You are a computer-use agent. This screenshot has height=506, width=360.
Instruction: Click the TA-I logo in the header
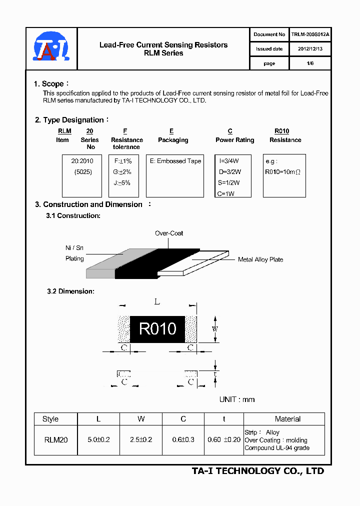(x=51, y=48)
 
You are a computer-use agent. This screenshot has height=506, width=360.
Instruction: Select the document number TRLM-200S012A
(x=310, y=34)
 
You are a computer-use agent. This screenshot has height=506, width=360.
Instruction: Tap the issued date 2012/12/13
(x=310, y=49)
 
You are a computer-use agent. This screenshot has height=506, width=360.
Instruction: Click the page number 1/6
(x=310, y=63)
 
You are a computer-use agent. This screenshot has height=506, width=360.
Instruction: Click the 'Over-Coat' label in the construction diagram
(x=169, y=233)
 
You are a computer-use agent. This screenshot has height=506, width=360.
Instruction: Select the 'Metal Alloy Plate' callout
(x=260, y=259)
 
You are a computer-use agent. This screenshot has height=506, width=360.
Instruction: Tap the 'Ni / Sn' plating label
(x=74, y=248)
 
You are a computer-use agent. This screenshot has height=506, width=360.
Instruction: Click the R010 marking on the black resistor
(x=157, y=328)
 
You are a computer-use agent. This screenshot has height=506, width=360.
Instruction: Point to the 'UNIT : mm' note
(x=237, y=399)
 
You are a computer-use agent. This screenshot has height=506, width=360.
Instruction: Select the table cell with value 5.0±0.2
(x=98, y=439)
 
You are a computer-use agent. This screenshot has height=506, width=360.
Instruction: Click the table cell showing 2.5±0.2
(x=141, y=439)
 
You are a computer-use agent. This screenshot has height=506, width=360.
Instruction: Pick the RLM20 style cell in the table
(x=55, y=439)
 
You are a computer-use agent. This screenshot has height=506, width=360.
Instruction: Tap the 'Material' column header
(x=287, y=419)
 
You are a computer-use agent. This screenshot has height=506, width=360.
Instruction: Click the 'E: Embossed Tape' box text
(x=175, y=161)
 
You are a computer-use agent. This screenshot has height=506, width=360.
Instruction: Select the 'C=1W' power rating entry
(x=226, y=193)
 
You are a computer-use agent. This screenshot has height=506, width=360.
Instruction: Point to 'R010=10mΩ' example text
(x=282, y=172)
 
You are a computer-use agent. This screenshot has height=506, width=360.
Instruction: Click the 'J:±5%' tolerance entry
(x=122, y=183)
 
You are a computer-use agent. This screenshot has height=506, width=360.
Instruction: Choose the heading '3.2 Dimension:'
(x=70, y=291)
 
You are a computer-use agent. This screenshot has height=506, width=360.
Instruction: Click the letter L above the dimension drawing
(x=157, y=301)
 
